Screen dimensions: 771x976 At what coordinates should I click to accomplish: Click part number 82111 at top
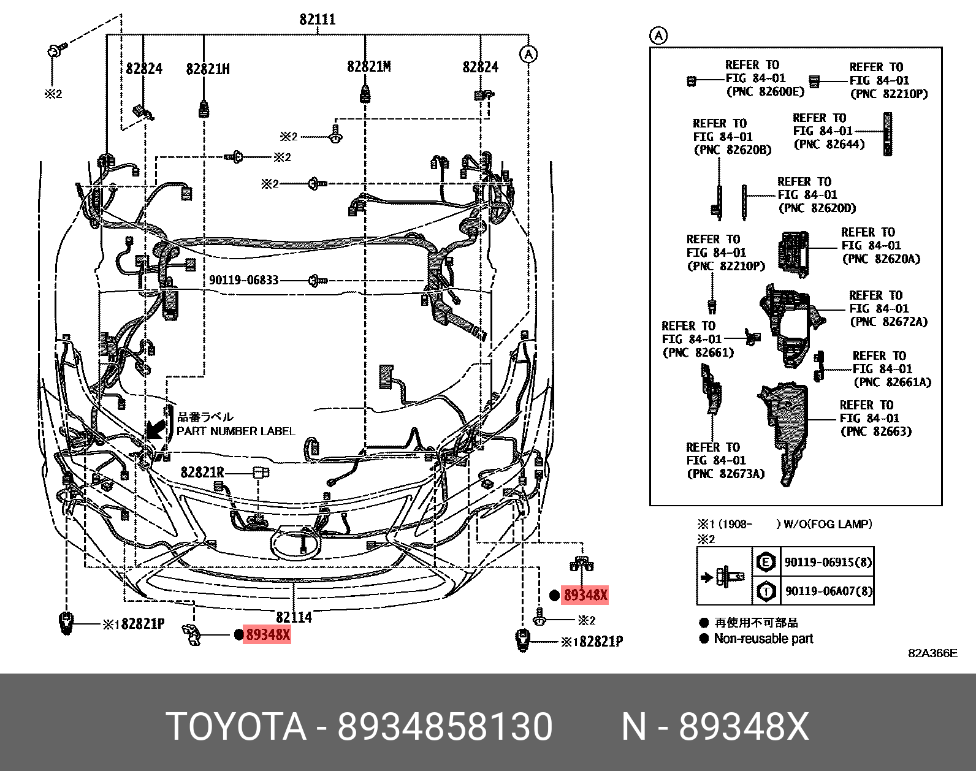point(317,20)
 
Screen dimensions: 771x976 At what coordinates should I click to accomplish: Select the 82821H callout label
point(208,69)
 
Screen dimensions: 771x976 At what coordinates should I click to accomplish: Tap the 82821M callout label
point(368,67)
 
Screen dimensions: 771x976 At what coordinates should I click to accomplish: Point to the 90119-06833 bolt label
point(243,280)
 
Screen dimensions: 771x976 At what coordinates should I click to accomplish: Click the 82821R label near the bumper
point(202,473)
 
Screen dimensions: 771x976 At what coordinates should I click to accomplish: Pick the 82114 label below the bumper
point(294,617)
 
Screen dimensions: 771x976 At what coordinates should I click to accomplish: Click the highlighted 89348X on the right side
point(585,594)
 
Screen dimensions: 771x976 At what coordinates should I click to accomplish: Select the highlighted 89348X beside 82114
point(267,634)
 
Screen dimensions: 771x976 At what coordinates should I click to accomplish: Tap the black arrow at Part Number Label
point(156,428)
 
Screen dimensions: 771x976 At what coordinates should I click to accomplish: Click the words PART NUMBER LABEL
point(235,431)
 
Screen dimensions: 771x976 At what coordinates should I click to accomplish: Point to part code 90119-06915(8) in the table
point(828,562)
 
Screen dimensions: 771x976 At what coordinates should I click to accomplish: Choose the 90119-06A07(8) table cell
point(828,591)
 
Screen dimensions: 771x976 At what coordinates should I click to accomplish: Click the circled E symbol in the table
point(766,561)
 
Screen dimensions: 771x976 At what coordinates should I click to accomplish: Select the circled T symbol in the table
point(766,591)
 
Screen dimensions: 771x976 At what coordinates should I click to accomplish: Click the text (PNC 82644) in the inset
point(829,145)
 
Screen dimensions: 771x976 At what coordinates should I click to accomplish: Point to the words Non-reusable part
point(763,639)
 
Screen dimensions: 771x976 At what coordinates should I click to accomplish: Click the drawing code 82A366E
point(932,653)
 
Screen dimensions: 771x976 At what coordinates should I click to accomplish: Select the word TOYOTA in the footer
point(236,727)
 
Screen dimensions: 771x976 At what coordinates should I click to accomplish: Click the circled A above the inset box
point(658,36)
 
